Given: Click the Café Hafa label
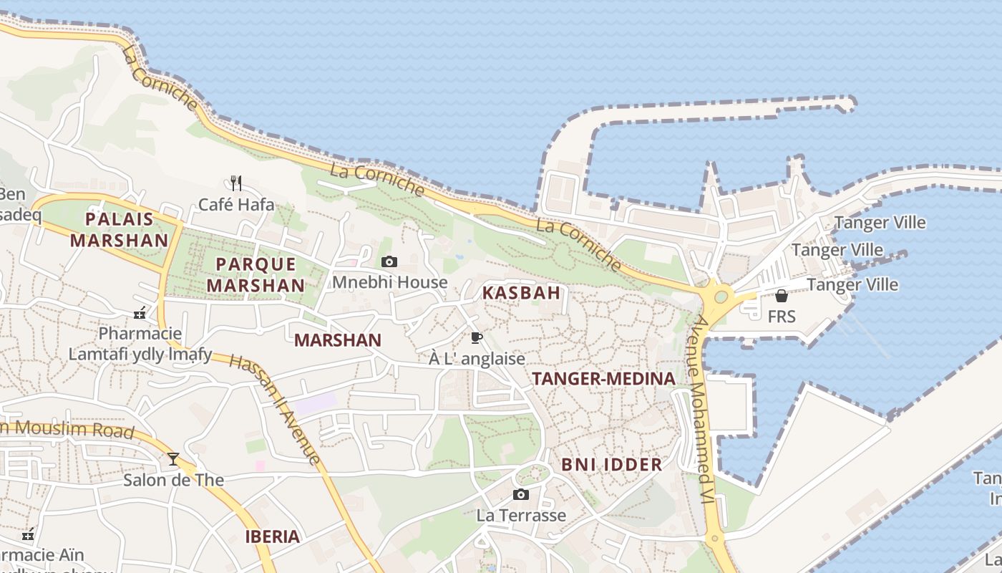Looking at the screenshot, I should [x=236, y=205].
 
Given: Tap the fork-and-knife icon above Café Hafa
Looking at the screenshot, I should [x=236, y=183].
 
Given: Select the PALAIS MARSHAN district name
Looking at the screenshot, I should [x=120, y=229].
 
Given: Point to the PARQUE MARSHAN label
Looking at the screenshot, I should [x=256, y=274].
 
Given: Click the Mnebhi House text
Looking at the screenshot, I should [x=389, y=282].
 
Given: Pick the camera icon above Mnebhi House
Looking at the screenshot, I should [x=389, y=262].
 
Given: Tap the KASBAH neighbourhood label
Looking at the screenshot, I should [x=521, y=293].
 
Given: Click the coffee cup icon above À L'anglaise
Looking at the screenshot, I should [x=477, y=338].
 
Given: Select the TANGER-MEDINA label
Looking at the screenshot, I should [x=603, y=379].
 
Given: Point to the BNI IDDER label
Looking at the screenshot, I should [x=612, y=464].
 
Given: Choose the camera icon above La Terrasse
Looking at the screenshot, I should [x=521, y=494].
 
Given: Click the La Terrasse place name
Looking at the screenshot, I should [x=521, y=515].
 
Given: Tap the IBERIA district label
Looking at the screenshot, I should [x=273, y=536].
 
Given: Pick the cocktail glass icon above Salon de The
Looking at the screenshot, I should [x=173, y=459].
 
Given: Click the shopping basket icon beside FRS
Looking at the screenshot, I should [x=782, y=296].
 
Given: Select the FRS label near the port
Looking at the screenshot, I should [x=782, y=316].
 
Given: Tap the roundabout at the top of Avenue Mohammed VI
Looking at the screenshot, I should [x=720, y=297].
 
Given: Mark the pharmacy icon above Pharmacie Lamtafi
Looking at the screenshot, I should [x=140, y=313].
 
